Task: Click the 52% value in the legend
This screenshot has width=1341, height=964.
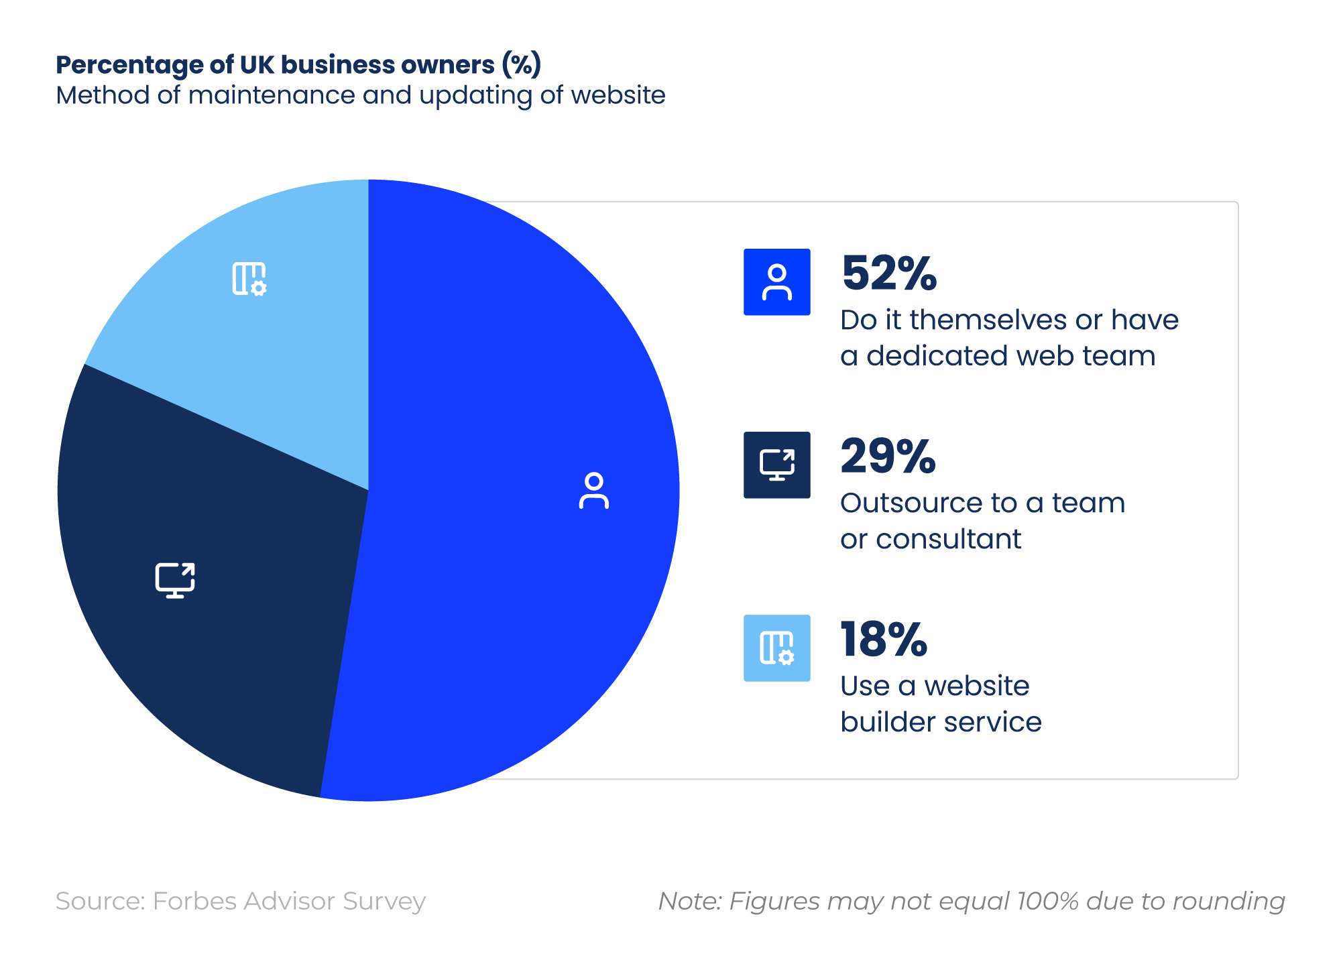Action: [x=888, y=274]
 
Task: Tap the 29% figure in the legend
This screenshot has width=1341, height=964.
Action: [x=888, y=457]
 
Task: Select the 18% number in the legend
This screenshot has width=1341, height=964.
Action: [x=884, y=640]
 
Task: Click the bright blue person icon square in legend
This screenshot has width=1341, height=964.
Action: [x=776, y=282]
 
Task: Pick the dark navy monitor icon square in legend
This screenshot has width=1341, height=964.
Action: [x=776, y=465]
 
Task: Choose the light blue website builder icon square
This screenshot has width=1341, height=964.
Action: [x=776, y=648]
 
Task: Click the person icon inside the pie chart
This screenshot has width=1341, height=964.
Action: [x=593, y=491]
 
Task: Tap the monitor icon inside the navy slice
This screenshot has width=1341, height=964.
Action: [x=175, y=580]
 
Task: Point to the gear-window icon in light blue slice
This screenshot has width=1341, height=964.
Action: [x=249, y=279]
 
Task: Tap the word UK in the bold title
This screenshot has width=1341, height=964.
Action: [x=257, y=65]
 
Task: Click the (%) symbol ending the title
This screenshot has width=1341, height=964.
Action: [x=521, y=65]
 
